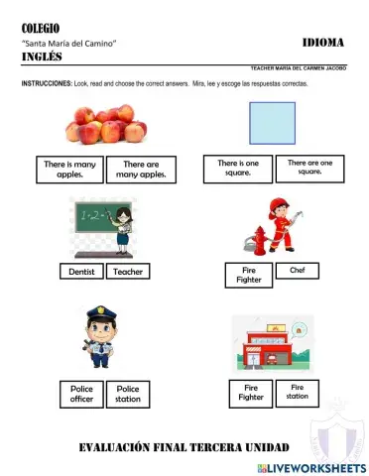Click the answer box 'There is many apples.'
tap(69, 170)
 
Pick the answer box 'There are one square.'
tap(308, 167)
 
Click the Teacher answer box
tap(127, 271)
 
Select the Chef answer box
tap(297, 270)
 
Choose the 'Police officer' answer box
tap(81, 394)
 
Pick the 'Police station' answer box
tap(128, 394)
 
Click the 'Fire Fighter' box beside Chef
tap(249, 275)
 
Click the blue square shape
tap(271, 125)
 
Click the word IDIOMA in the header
tap(322, 43)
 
